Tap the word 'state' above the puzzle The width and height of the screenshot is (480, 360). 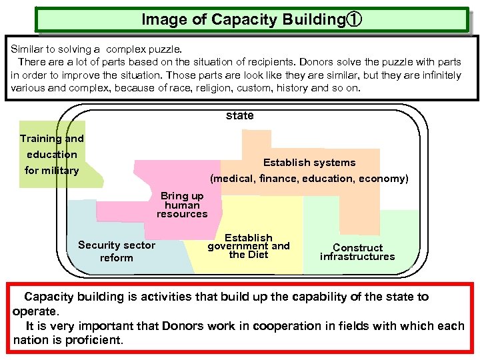click(x=240, y=115)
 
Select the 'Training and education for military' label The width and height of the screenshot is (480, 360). click(x=52, y=155)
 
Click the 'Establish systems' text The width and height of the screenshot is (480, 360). click(x=309, y=163)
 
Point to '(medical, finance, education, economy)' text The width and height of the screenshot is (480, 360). click(x=309, y=179)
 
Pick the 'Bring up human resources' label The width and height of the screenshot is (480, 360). click(x=182, y=205)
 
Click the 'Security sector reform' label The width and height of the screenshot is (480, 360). click(x=117, y=251)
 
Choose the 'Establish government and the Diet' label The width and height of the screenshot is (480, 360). click(x=249, y=245)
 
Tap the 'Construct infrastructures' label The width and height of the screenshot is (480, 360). click(x=357, y=252)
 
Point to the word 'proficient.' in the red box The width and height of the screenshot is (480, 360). click(x=96, y=340)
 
